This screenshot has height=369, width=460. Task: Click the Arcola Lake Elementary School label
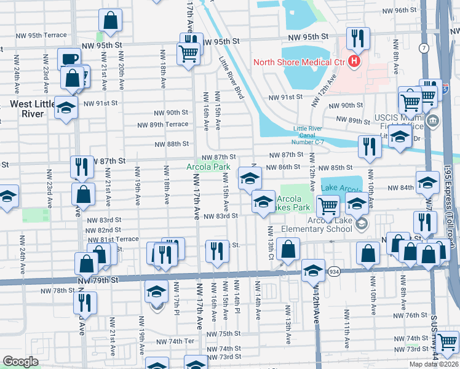click(x=323, y=228)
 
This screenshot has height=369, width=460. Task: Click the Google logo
click(x=20, y=362)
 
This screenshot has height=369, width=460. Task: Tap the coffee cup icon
click(x=69, y=59)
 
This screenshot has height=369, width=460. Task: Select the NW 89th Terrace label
click(x=163, y=125)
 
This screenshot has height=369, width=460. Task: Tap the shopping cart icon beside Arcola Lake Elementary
click(x=328, y=205)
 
